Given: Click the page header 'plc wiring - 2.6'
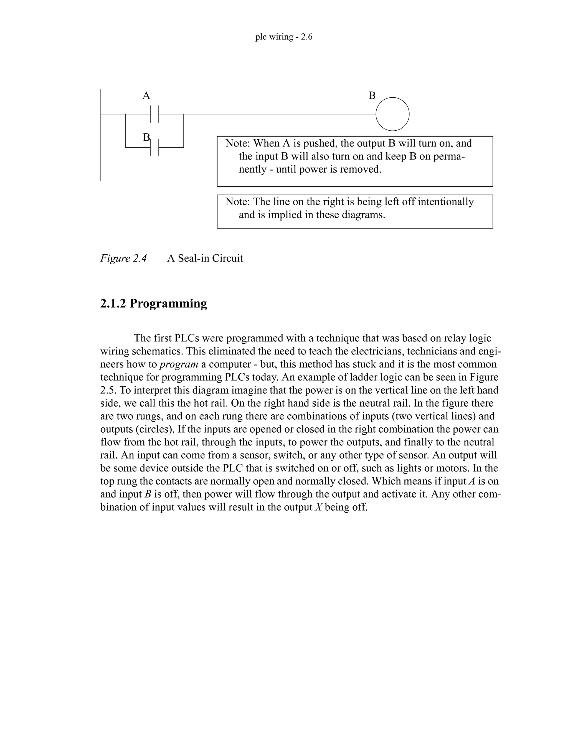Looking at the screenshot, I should point(284,37).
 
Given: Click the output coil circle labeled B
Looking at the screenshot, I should point(392,114).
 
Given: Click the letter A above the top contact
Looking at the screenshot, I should point(146,96).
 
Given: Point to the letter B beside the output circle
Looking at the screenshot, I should point(372,96).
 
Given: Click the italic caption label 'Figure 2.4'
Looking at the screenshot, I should point(123,258).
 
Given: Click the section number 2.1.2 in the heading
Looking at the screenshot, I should point(113,303).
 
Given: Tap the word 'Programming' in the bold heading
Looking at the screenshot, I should point(168,303).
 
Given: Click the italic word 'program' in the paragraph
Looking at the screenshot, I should point(179,364).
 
